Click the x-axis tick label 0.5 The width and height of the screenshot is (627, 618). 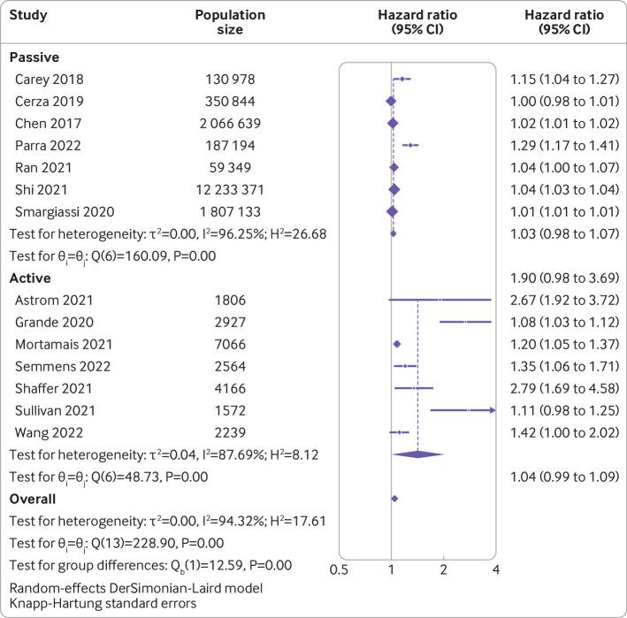pyautogui.click(x=339, y=569)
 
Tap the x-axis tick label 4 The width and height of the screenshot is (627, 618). pyautogui.click(x=494, y=569)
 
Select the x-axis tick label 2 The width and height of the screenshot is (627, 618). pyautogui.click(x=443, y=569)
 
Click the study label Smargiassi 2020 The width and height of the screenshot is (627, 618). pyautogui.click(x=64, y=211)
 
